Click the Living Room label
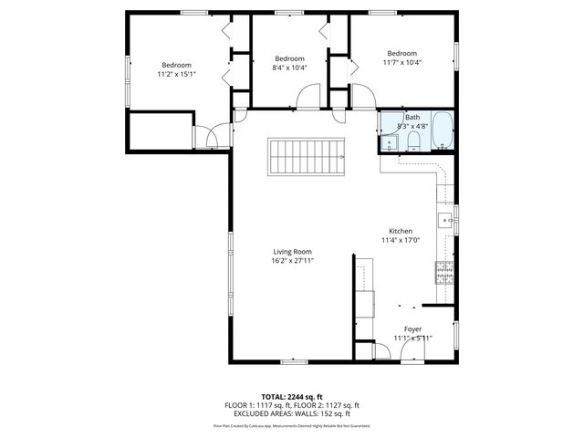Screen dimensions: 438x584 pyautogui.click(x=292, y=251)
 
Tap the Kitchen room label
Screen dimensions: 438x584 pyautogui.click(x=401, y=231)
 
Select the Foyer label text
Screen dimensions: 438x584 pyautogui.click(x=412, y=328)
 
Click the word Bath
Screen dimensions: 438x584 pyautogui.click(x=412, y=117)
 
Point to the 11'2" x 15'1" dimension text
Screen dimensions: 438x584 pyautogui.click(x=176, y=74)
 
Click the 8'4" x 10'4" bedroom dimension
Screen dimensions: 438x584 pyautogui.click(x=289, y=67)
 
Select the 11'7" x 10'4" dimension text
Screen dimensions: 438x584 pyautogui.click(x=401, y=62)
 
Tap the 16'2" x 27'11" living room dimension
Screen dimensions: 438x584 pyautogui.click(x=292, y=260)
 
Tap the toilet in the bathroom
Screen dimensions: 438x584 pyautogui.click(x=413, y=139)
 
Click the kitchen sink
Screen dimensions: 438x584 pyautogui.click(x=447, y=219)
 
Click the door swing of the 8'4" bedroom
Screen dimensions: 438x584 pyautogui.click(x=308, y=96)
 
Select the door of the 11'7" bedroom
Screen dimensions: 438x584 pyautogui.click(x=362, y=96)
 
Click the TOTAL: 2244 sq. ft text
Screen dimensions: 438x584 pyautogui.click(x=292, y=397)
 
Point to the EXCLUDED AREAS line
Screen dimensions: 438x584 pyautogui.click(x=292, y=413)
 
